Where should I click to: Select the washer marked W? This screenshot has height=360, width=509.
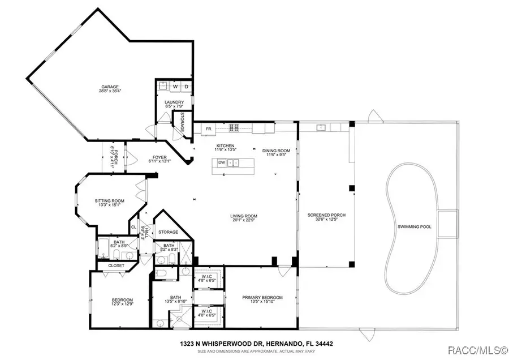click(175, 87)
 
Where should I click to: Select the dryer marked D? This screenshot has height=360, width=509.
click(186, 87)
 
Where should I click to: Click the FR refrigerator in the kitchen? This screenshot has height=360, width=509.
click(208, 129)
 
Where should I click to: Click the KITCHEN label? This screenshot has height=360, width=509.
click(225, 145)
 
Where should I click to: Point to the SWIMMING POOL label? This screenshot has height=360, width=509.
click(414, 226)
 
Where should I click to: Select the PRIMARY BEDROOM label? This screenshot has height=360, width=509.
click(262, 298)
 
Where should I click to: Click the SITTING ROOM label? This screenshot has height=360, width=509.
click(109, 200)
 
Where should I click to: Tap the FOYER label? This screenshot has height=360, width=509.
click(159, 158)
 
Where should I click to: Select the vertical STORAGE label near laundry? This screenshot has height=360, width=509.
click(183, 122)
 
